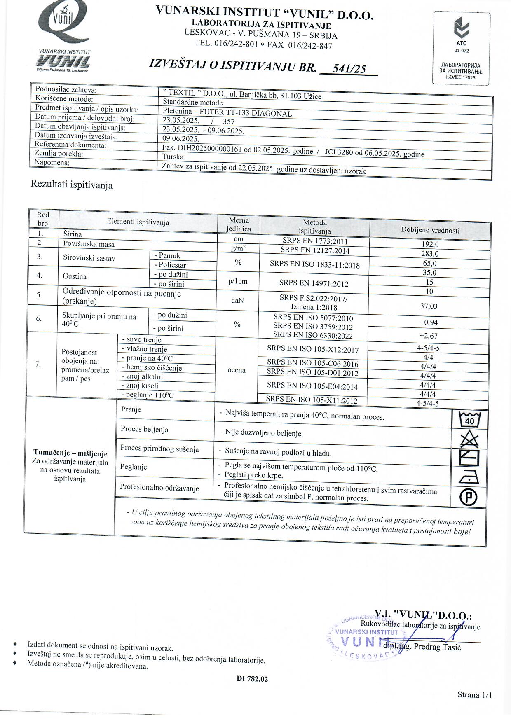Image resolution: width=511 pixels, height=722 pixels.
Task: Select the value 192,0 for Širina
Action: tap(430, 244)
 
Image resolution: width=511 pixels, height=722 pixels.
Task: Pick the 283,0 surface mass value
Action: tap(430, 254)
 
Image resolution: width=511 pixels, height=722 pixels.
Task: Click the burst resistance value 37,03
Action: tap(429, 306)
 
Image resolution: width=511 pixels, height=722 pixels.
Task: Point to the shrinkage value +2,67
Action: tap(428, 336)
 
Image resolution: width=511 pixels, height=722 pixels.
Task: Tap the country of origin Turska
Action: tap(173, 157)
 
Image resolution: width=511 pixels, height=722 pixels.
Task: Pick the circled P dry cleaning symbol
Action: tap(469, 497)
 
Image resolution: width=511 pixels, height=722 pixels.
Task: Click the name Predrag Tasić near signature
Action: tap(437, 647)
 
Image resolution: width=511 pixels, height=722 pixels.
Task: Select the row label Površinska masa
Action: tap(89, 244)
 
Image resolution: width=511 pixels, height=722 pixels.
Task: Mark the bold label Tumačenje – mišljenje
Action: tap(70, 453)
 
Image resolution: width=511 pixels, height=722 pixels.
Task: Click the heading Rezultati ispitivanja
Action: tap(72, 185)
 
